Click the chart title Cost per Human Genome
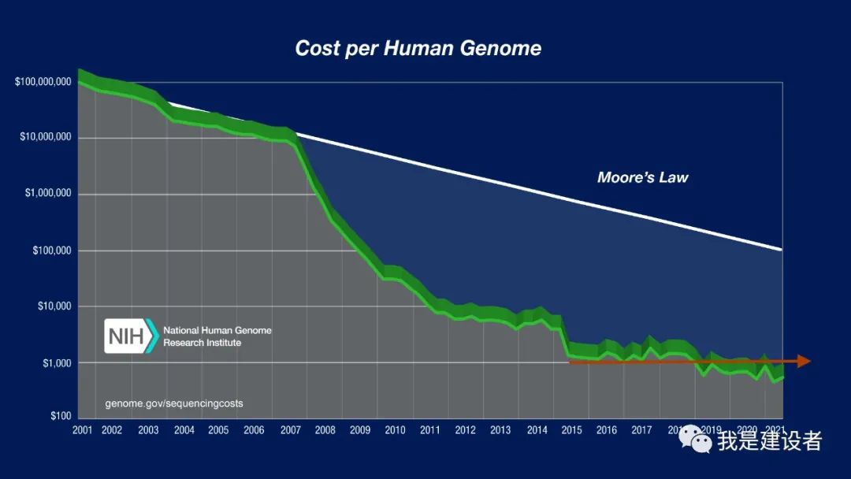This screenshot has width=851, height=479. pyautogui.click(x=418, y=48)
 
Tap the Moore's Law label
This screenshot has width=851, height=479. pyautogui.click(x=642, y=177)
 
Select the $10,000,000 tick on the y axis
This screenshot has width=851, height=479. pyautogui.click(x=46, y=138)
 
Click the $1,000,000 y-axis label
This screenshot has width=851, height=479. pyautogui.click(x=48, y=194)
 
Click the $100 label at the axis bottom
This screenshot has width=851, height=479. pyautogui.click(x=61, y=415)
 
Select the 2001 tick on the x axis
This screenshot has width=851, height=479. pyautogui.click(x=82, y=430)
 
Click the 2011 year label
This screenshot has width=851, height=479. pyautogui.click(x=429, y=430)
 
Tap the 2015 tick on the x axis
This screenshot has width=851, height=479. pyautogui.click(x=571, y=430)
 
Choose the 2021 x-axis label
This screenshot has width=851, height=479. pyautogui.click(x=774, y=430)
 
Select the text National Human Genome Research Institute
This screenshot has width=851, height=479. pyautogui.click(x=217, y=336)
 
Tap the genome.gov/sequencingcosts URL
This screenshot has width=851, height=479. pyautogui.click(x=174, y=403)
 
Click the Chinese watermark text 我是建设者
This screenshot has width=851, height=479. pyautogui.click(x=769, y=440)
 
